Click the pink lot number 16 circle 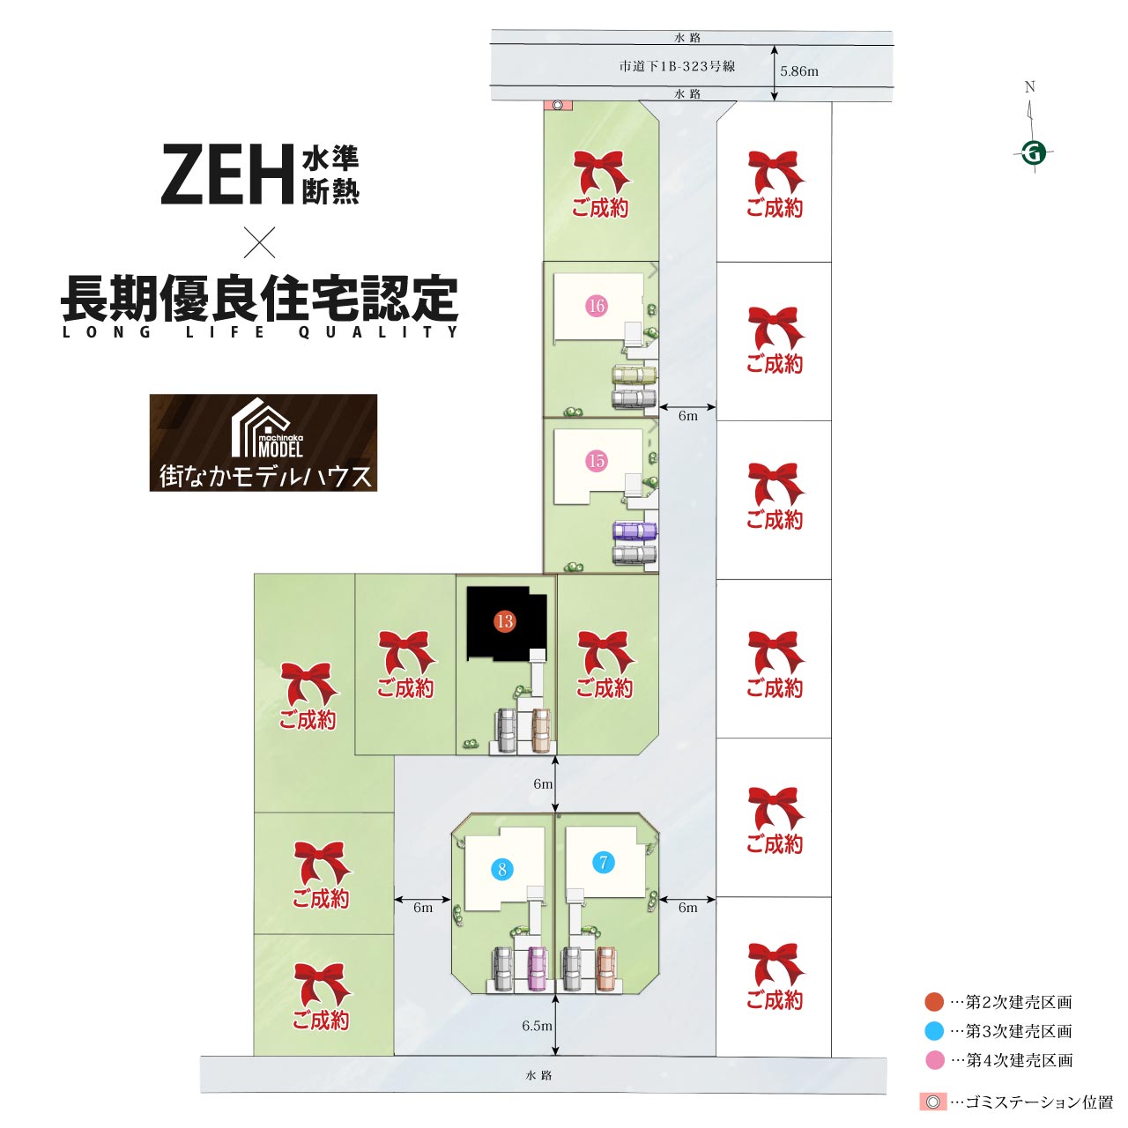coord(597,306)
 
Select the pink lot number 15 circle coord(597,461)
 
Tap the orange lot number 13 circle coord(505,621)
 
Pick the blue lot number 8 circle coord(502,869)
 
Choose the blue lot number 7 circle coord(604,862)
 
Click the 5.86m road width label coord(799,71)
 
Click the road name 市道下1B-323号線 coord(678,66)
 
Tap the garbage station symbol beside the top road coord(558,106)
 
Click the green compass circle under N coord(1034,154)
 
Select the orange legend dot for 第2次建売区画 coord(934,1002)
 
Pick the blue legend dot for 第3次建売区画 coord(934,1031)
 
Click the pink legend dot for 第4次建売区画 coord(934,1060)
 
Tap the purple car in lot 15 coord(634,531)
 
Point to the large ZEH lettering coord(227,174)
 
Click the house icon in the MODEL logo coord(261,427)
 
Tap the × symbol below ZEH coord(259,242)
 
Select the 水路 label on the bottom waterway coord(538,1075)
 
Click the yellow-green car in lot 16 coord(634,375)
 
